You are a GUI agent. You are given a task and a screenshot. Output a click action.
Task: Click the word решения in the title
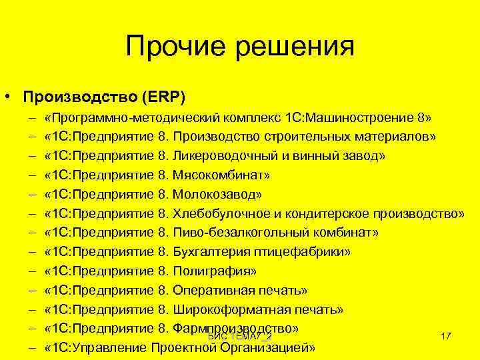pos(293,47)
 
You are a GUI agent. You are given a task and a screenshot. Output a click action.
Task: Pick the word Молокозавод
pos(217,195)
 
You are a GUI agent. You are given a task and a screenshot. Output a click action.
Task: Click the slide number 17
pos(446,337)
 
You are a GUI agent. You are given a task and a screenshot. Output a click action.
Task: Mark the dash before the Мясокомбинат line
pos(32,175)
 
